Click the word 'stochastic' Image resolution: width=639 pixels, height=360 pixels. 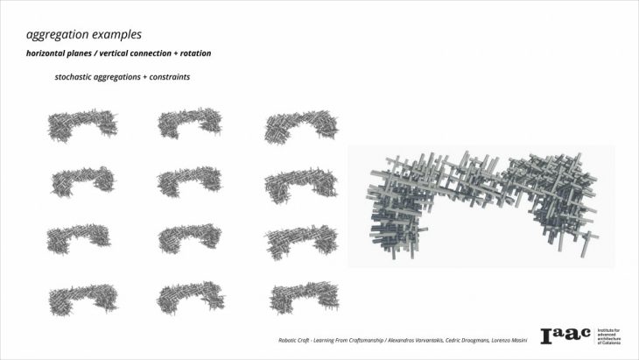(73, 77)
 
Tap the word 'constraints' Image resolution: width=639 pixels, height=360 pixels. (170, 77)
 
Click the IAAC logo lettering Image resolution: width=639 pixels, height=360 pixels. (565, 335)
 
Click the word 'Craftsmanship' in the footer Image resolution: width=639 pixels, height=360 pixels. (365, 340)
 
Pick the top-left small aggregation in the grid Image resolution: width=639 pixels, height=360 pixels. (82, 124)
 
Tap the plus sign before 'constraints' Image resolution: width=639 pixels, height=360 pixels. (145, 77)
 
